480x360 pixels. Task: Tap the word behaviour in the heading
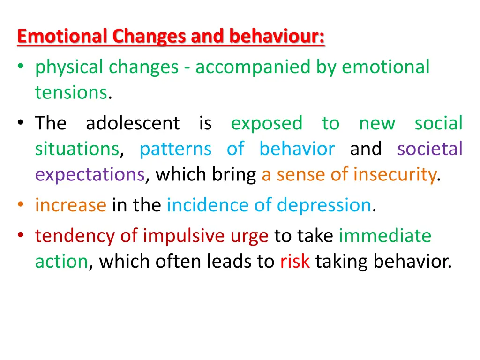click(x=277, y=37)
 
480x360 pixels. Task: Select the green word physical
click(x=70, y=67)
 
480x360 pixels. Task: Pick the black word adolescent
click(x=133, y=123)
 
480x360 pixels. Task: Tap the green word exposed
click(x=267, y=123)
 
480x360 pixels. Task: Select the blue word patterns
click(x=176, y=149)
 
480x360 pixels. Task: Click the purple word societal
click(x=430, y=149)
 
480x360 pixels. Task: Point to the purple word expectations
click(x=90, y=175)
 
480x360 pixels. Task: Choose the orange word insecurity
click(x=394, y=174)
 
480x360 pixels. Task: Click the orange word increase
click(x=71, y=205)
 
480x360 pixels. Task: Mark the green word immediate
click(x=385, y=235)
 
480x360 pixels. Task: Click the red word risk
click(x=295, y=261)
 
